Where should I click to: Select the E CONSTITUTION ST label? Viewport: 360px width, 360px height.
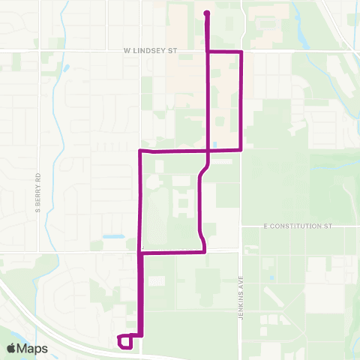pyautogui.click(x=297, y=225)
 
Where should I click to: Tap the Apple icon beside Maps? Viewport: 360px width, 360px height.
pyautogui.click(x=12, y=348)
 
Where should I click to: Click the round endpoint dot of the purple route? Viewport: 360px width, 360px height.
pyautogui.click(x=206, y=13)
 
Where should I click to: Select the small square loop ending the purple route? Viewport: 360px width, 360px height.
pyautogui.click(x=126, y=341)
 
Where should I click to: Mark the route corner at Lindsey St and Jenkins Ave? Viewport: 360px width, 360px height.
pyautogui.click(x=241, y=52)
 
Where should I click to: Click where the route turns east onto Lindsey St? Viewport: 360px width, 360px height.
pyautogui.click(x=208, y=52)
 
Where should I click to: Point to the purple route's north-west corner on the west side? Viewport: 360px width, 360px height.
pyautogui.click(x=141, y=151)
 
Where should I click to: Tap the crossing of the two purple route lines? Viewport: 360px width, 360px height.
pyautogui.click(x=208, y=150)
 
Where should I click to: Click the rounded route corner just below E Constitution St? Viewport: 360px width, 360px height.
pyautogui.click(x=203, y=250)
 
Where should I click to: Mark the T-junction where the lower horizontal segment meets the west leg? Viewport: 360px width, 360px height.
pyautogui.click(x=141, y=253)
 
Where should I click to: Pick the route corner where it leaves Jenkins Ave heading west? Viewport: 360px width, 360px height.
pyautogui.click(x=241, y=149)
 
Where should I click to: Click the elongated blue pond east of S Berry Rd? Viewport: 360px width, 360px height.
pyautogui.click(x=113, y=237)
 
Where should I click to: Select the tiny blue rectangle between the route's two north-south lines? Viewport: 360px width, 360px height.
pyautogui.click(x=215, y=144)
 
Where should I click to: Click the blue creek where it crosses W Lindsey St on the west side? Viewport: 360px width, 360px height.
pyautogui.click(x=54, y=51)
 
